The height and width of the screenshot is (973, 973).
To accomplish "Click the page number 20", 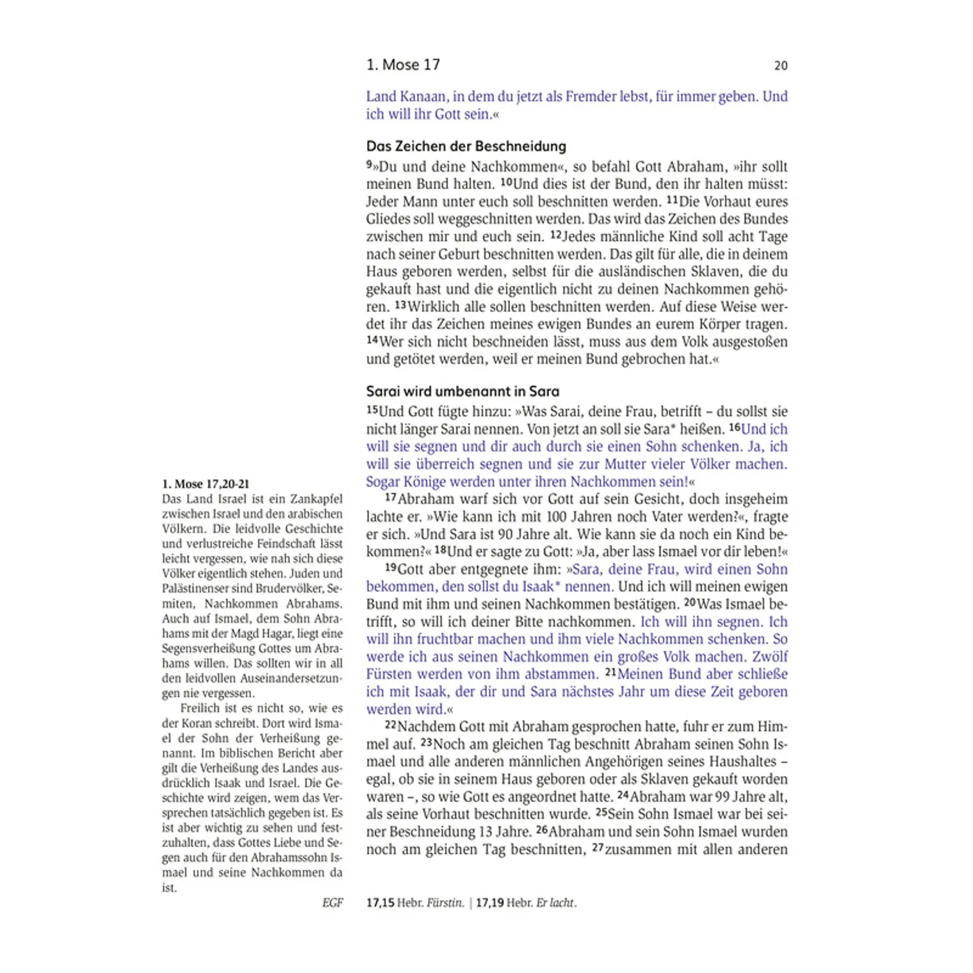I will click(780, 65).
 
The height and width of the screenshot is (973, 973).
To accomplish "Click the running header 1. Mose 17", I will click(403, 65).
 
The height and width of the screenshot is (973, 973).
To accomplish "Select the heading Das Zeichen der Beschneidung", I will click(466, 146).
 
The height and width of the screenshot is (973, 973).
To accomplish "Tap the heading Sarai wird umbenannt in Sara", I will click(462, 391).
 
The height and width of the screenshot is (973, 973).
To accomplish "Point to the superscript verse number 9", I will click(369, 165).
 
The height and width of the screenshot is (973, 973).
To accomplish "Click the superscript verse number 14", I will click(372, 340).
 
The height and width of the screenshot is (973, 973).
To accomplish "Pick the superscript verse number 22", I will click(391, 726).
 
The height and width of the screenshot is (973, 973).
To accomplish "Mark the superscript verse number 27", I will click(598, 848).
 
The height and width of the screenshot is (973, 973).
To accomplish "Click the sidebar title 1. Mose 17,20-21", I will click(205, 484).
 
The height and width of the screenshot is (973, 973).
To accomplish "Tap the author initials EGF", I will click(332, 903).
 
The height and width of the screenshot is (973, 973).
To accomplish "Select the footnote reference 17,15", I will click(380, 903).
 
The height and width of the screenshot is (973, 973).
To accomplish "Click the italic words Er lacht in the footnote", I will click(555, 903).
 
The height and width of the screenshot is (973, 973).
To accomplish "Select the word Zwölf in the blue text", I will click(770, 657).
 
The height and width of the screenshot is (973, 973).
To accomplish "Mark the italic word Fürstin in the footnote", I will click(445, 903).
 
